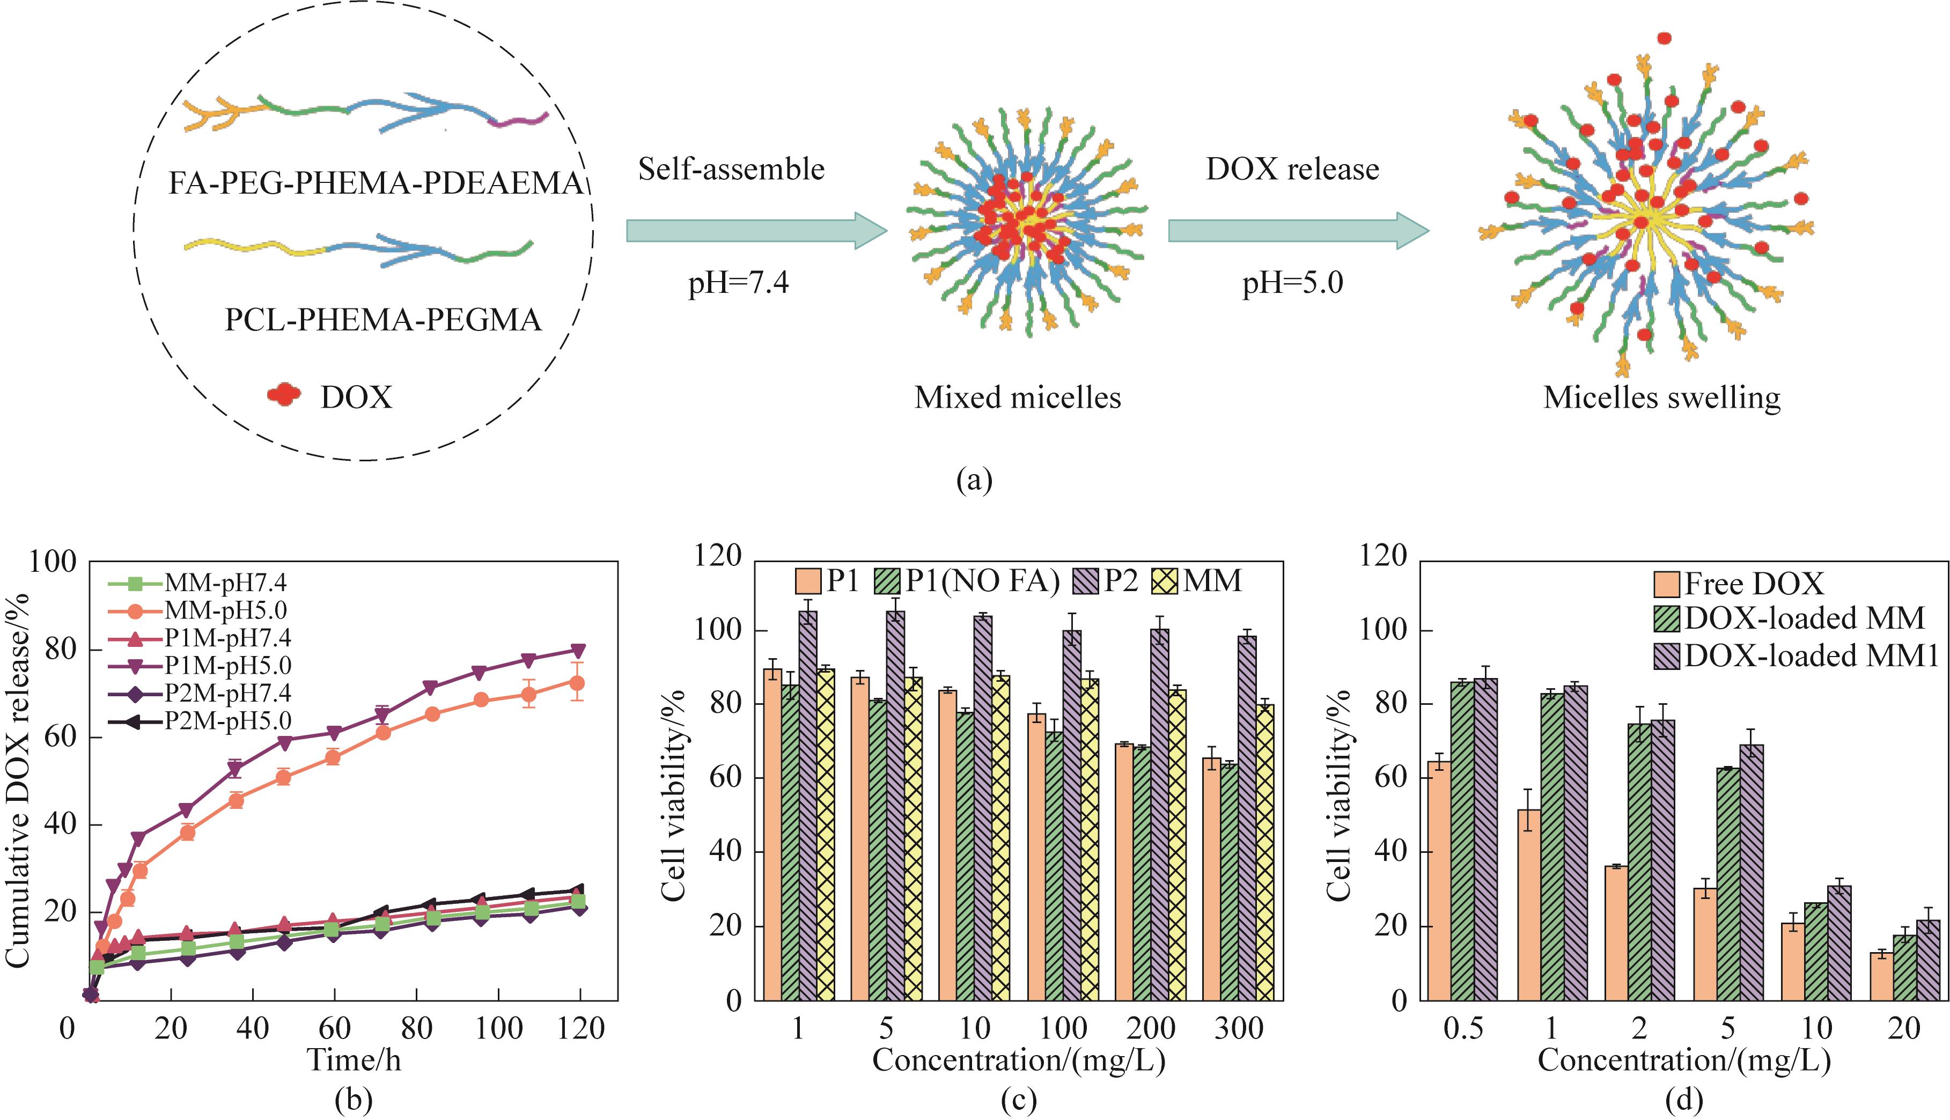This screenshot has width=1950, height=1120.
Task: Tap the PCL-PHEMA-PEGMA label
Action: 382,319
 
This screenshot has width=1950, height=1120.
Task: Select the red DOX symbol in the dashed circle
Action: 283,395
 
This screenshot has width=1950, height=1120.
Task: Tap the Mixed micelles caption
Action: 1017,397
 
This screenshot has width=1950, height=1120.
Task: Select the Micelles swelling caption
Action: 1661,397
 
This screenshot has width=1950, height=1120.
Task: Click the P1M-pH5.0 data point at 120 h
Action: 579,651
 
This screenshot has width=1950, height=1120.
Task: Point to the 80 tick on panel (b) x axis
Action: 416,1028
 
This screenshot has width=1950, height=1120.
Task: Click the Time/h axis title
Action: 354,1060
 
